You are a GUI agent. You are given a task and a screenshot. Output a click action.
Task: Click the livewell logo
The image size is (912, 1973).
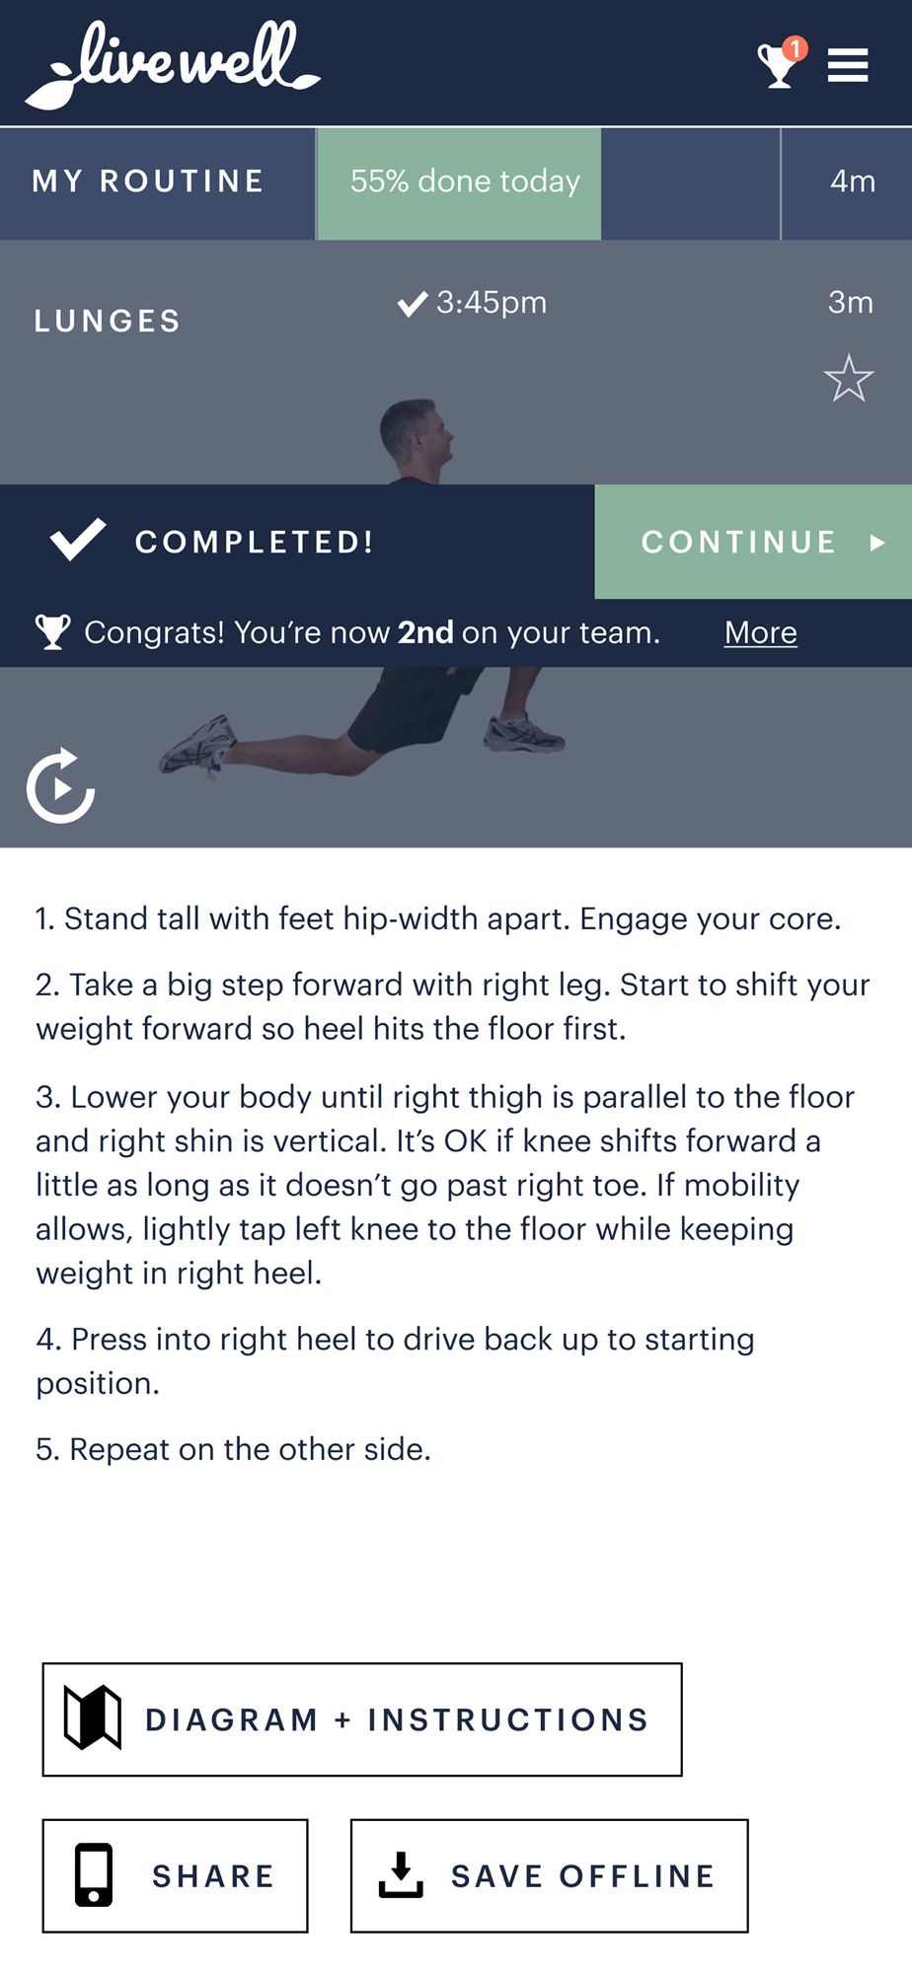pos(173,64)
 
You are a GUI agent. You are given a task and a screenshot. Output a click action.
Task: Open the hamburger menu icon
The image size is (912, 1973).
pos(848,65)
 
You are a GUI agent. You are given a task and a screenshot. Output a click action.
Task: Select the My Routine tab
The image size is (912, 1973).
pos(148,182)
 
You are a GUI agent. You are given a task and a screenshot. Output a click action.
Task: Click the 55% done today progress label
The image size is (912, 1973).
pos(465,182)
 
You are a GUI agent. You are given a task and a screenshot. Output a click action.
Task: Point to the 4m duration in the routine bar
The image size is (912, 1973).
pos(853,182)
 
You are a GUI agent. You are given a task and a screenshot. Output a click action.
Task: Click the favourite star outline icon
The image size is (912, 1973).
pos(849,379)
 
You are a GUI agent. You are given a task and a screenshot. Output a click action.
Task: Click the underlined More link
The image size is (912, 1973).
pos(761,632)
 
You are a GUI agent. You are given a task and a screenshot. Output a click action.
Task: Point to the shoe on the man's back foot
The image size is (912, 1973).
pos(198,745)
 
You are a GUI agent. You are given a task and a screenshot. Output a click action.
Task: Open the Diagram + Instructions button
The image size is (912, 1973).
pos(362,1719)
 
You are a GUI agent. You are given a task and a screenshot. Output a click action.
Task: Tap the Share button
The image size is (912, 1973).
pos(175,1875)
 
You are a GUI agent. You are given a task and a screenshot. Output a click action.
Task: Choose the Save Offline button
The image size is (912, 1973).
pos(549,1875)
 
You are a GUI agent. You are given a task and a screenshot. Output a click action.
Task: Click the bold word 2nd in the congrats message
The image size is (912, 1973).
pos(425,632)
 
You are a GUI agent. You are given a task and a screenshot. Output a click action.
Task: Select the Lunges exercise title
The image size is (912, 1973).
pos(108,322)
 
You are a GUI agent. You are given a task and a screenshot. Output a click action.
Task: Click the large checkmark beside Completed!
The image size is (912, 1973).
pos(78,540)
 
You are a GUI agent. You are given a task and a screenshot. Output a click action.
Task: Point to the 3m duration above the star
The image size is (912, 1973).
pos(851,302)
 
